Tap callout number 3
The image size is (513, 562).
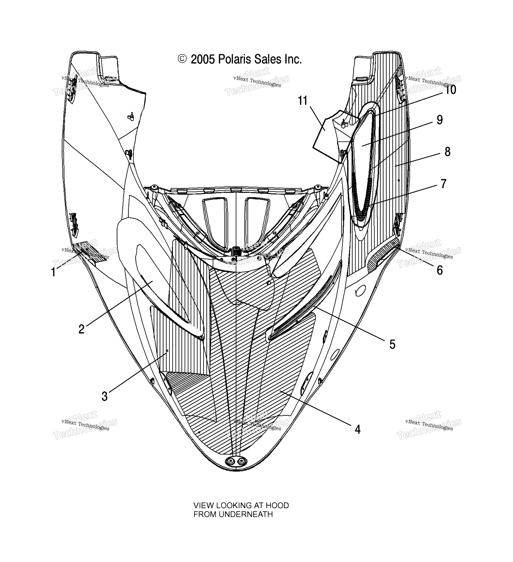104,396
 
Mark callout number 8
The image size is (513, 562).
447,152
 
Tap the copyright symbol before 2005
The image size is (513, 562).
182,59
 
